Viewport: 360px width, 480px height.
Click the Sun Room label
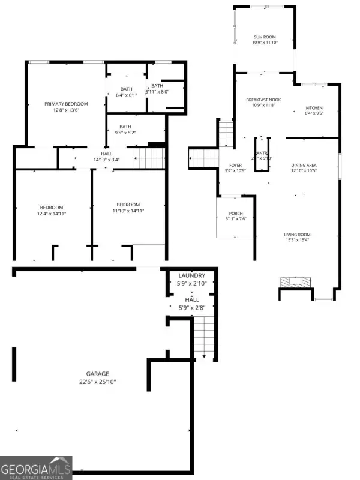(265, 37)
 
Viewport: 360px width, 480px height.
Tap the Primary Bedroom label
(66, 104)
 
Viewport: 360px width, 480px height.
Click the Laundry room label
(191, 275)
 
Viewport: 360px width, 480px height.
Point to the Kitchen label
(314, 108)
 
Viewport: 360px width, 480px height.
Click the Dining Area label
(304, 165)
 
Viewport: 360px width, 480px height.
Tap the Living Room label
(298, 235)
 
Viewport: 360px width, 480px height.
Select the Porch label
(236, 214)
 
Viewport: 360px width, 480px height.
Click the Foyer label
(235, 165)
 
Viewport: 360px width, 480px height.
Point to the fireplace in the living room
(296, 281)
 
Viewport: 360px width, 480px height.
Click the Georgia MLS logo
(36, 467)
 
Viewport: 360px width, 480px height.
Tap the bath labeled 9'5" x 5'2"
(125, 127)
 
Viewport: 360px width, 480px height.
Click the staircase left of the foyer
(204, 158)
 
